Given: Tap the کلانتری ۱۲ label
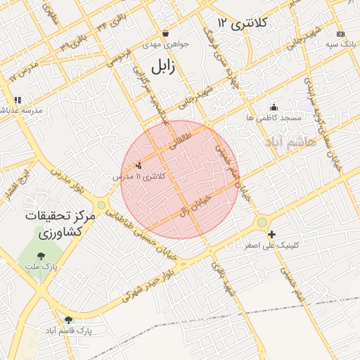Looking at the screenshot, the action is (243, 23).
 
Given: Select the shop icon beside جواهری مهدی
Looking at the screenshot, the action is (165, 33).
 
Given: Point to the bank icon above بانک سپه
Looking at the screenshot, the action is (341, 33).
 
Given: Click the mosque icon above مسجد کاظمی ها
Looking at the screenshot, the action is (274, 107).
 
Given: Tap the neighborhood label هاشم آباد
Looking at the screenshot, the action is (292, 142).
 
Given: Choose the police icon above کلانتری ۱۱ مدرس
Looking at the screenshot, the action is (138, 166).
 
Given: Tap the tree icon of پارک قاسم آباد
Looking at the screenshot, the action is (68, 320).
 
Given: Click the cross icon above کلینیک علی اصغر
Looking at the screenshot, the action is (271, 234).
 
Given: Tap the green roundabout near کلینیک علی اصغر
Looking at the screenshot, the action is (262, 222).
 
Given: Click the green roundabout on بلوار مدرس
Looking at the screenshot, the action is (102, 205).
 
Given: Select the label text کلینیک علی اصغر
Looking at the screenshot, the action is (271, 245).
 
